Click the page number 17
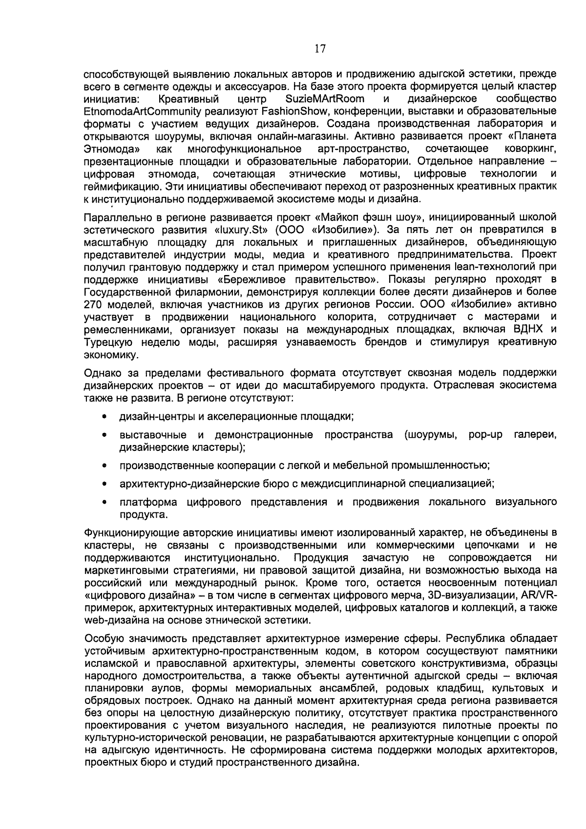click(x=320, y=48)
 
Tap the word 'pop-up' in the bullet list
click(x=485, y=435)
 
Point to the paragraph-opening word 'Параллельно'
click(x=116, y=217)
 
